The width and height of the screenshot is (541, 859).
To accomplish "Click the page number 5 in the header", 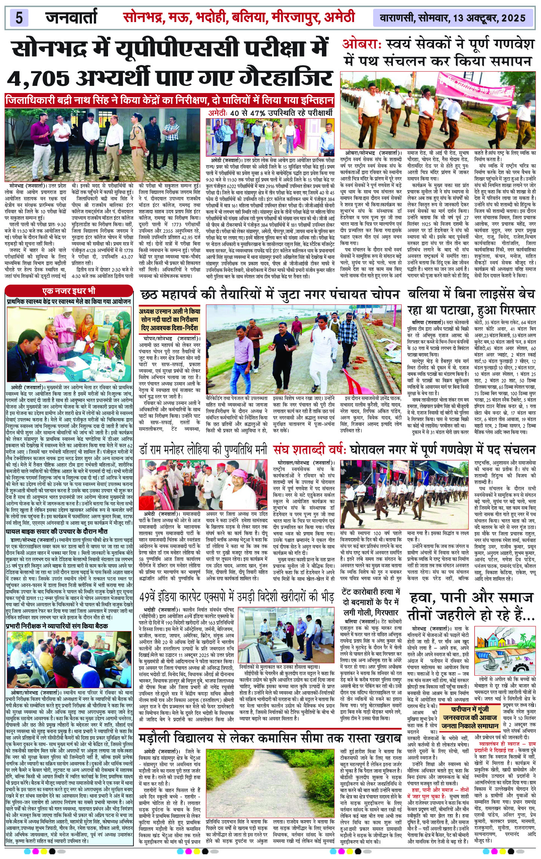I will [19, 18].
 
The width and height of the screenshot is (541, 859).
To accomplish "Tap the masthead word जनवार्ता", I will [71, 17].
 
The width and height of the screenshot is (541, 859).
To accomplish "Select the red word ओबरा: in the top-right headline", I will [361, 44].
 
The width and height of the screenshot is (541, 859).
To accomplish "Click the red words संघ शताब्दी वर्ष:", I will [312, 449].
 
